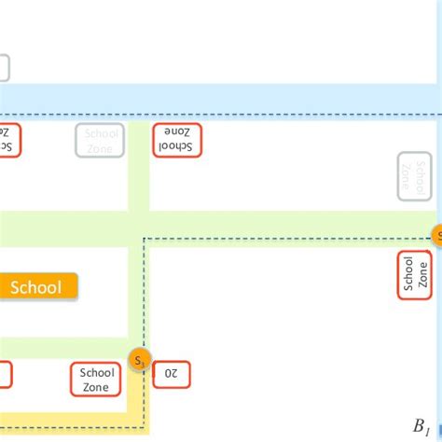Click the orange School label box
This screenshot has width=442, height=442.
[35, 287]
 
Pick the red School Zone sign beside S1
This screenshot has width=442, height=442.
[97, 379]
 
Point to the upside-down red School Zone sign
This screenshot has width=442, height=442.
[176, 139]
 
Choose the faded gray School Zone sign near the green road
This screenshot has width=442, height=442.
[99, 139]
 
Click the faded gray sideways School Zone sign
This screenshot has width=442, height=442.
[415, 175]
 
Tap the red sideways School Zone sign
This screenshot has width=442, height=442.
[415, 274]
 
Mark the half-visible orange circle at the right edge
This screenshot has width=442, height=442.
[436, 235]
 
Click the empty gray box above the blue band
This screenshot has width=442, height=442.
[4, 68]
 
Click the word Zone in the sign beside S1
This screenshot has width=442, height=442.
[97, 386]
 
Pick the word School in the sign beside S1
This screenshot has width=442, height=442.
[97, 372]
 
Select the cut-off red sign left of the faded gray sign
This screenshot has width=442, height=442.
[8, 139]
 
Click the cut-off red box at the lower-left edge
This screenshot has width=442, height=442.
[5, 374]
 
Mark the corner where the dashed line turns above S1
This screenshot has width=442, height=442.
[144, 240]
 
